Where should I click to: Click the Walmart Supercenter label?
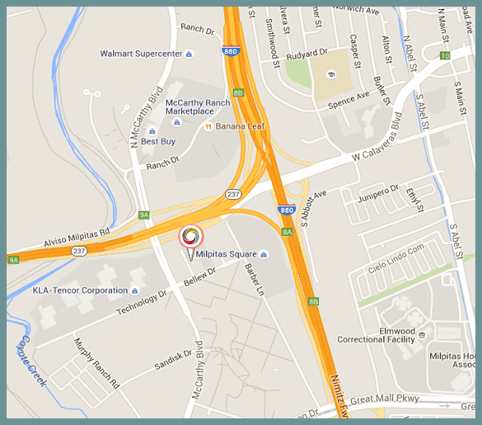click(x=140, y=54)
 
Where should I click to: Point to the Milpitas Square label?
click(x=226, y=253)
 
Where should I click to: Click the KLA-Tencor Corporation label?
click(x=80, y=290)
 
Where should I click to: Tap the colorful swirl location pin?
click(x=190, y=236)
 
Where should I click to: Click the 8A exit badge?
click(x=287, y=232)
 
